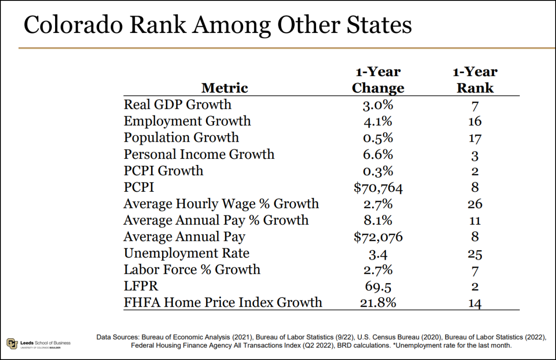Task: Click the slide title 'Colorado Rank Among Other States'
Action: coord(217,25)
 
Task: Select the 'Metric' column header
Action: coord(225,88)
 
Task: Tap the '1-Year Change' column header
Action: coord(378,80)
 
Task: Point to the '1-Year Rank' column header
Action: coord(475,80)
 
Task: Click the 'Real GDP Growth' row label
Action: coord(177,104)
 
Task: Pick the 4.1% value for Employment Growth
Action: coord(378,121)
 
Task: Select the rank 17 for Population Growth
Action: coord(475,138)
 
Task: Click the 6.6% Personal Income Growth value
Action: coord(378,154)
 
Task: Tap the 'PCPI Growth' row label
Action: coord(163,171)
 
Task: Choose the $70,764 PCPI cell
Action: coord(378,187)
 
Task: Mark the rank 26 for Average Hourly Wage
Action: coord(475,204)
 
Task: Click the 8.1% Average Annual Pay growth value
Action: coord(378,220)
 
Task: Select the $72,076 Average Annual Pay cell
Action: coord(378,237)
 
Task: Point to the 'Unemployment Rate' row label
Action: coord(186,253)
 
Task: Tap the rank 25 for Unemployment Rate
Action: coord(475,254)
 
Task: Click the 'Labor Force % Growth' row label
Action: coord(192,270)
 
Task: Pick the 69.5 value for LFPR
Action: coord(378,286)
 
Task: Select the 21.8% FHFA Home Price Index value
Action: coord(378,303)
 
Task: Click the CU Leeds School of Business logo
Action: coord(38,343)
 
